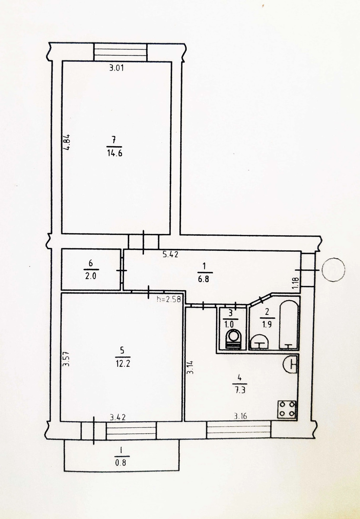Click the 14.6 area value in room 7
pos(115,154)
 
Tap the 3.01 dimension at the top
pos(116,68)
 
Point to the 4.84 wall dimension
pos(67,142)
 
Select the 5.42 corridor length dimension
pos(170,255)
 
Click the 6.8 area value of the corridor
pos(204,279)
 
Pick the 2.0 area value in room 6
pos(91,276)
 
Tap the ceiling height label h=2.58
pos(169,299)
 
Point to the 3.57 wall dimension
pos(67,359)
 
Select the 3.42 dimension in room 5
pos(118,417)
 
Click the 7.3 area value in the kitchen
pos(239,391)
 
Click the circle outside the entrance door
pos(334,270)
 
